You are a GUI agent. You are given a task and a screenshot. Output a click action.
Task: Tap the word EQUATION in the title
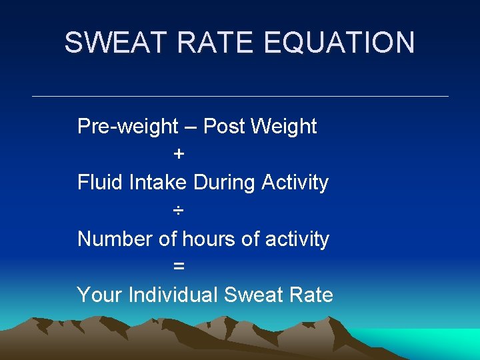[x=339, y=43]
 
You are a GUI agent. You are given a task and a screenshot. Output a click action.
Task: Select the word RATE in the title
[x=215, y=43]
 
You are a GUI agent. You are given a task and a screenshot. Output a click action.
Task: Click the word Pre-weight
[x=128, y=126]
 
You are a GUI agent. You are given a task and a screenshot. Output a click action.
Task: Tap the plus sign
[x=179, y=155]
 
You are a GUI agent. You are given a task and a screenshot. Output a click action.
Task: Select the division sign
[x=179, y=211]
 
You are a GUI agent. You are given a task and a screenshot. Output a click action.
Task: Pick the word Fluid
[x=97, y=182]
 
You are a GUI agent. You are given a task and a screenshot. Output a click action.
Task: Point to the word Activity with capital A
[x=295, y=182]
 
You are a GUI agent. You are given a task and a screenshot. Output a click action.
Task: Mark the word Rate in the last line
[x=311, y=295]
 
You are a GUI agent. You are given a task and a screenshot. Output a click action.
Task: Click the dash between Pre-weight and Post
[x=191, y=127]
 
